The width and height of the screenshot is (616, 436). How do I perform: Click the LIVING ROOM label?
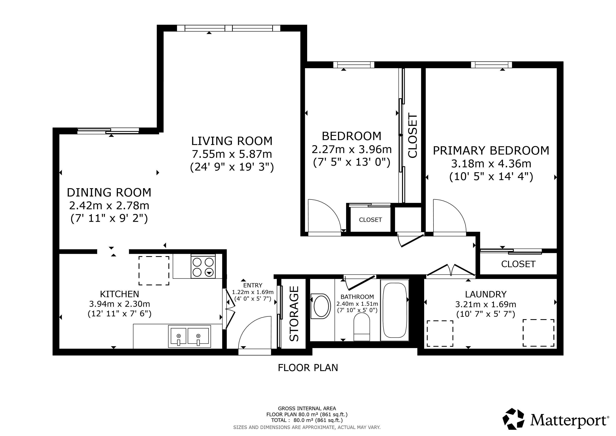(232, 141)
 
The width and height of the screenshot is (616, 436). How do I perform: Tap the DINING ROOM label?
(109, 192)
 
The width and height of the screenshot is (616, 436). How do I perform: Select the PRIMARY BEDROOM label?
(491, 151)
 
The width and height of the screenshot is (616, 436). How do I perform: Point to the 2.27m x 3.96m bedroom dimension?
(351, 149)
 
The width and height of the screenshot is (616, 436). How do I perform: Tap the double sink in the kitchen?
(189, 336)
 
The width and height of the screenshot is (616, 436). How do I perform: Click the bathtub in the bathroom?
(395, 310)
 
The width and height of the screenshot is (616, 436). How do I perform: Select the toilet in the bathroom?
(362, 327)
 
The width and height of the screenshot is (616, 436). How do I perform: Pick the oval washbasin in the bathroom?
(321, 306)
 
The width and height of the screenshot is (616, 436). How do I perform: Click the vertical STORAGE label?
(294, 314)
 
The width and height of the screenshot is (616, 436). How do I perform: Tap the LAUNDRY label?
(486, 294)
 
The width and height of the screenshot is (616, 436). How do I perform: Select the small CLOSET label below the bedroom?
(370, 220)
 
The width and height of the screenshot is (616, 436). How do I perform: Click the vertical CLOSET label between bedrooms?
(413, 136)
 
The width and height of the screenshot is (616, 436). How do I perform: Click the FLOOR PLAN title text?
(308, 367)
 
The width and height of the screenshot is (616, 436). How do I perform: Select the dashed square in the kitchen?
(154, 271)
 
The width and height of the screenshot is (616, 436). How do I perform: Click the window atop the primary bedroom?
(491, 65)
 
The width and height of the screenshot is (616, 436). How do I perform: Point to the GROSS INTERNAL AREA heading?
(307, 408)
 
